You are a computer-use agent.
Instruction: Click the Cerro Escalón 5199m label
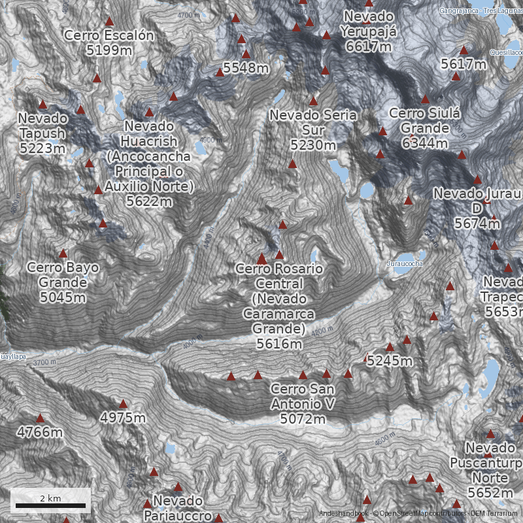click(x=109, y=42)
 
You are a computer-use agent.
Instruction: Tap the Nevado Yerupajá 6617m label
click(x=369, y=31)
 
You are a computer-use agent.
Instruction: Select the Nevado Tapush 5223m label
click(x=43, y=133)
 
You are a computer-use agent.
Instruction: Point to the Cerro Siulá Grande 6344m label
click(x=425, y=128)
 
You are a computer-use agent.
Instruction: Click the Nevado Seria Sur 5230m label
click(x=313, y=129)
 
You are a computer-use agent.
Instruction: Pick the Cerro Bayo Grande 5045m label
click(x=63, y=282)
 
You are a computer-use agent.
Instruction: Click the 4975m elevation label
click(x=123, y=417)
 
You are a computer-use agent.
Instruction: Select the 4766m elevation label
click(x=40, y=432)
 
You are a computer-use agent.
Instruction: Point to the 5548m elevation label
click(x=246, y=67)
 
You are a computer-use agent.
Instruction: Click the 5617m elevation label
click(x=464, y=63)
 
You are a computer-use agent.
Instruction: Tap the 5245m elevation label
click(x=390, y=360)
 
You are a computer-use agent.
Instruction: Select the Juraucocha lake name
click(x=405, y=263)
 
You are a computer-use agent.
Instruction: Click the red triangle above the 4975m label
click(x=123, y=403)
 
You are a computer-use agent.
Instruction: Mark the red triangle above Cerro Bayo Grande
click(x=63, y=253)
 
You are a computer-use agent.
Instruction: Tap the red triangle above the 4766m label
click(x=40, y=418)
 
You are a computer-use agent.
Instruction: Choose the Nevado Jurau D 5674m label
click(x=477, y=209)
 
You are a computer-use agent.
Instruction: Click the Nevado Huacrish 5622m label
click(x=149, y=163)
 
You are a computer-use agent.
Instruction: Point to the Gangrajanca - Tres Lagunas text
click(x=480, y=11)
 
